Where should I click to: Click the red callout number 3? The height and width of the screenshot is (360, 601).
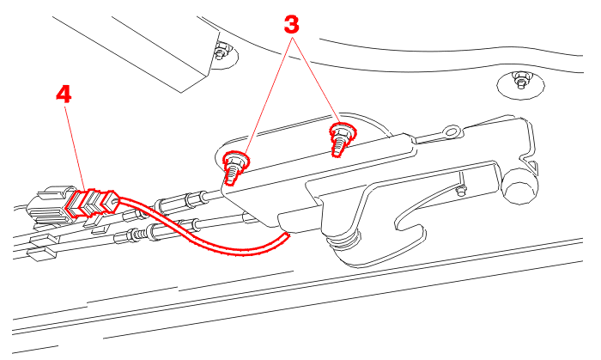click(x=291, y=25)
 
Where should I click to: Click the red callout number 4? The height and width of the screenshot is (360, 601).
click(x=64, y=95)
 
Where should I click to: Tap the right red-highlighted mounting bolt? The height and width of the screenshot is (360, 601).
click(x=342, y=139)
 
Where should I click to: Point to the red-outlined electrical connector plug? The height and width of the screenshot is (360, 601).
click(x=92, y=203)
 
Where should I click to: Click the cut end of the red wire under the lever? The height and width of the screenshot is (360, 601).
click(x=287, y=235)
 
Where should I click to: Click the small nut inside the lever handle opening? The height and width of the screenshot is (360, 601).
click(x=461, y=190)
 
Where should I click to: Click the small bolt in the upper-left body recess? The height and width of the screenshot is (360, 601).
click(x=222, y=52)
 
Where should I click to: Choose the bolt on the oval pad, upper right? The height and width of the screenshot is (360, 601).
click(x=520, y=81)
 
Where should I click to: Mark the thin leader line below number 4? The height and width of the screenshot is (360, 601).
click(x=75, y=148)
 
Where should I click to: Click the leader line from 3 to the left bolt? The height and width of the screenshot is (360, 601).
click(x=265, y=96)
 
